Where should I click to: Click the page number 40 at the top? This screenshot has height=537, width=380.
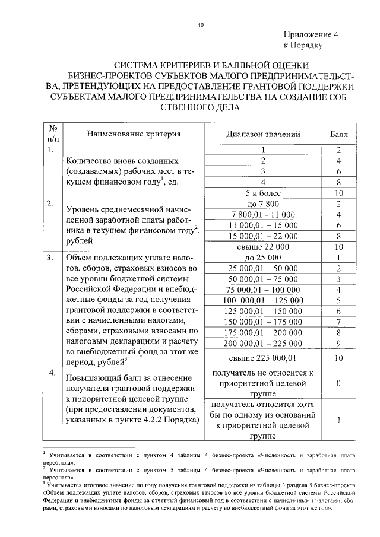click(200, 24)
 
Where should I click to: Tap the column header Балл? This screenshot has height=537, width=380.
click(337, 134)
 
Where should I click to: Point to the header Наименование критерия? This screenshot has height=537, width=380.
click(134, 134)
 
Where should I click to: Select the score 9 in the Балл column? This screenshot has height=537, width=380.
click(337, 343)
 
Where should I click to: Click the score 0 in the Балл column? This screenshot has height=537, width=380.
click(337, 383)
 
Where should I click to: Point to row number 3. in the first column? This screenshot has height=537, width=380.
click(50, 258)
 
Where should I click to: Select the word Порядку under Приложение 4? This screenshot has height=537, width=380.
click(306, 45)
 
